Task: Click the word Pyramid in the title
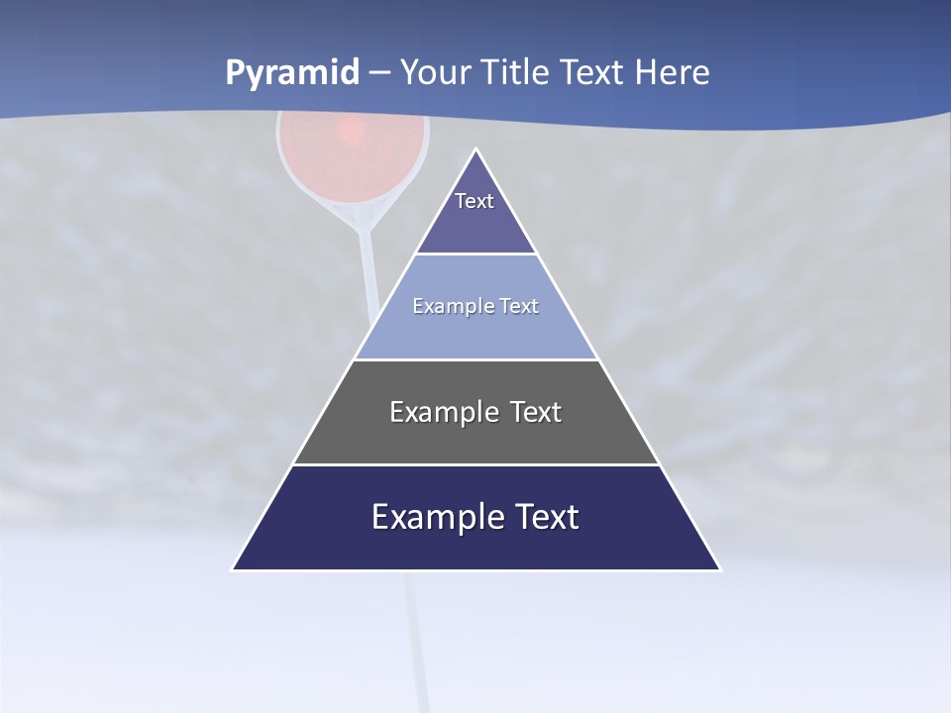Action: [x=292, y=73]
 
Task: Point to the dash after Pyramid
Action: [x=379, y=73]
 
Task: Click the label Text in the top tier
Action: [x=475, y=201]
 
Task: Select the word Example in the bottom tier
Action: [x=437, y=517]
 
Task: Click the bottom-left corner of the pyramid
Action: [x=233, y=569]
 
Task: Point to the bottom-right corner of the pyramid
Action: [x=720, y=569]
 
